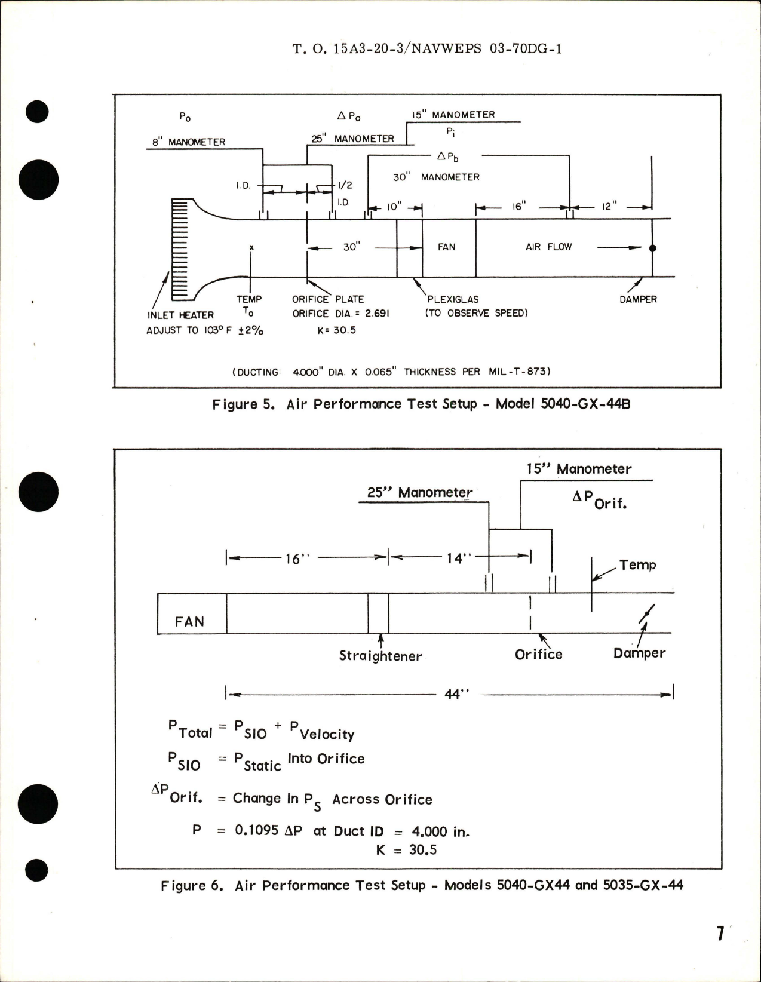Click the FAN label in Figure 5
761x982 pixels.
click(x=446, y=247)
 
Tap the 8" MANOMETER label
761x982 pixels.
click(x=188, y=142)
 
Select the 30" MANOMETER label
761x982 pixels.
click(x=436, y=177)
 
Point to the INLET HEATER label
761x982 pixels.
click(x=180, y=315)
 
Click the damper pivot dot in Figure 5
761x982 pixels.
click(x=652, y=248)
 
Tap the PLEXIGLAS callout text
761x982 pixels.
click(x=453, y=299)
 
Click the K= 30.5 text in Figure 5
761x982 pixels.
click(x=336, y=330)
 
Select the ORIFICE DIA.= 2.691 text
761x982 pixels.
click(x=340, y=314)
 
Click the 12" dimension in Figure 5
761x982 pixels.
click(x=609, y=207)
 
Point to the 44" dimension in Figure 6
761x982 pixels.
click(x=457, y=694)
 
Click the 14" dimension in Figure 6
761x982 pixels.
click(x=459, y=558)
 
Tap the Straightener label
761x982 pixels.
click(x=380, y=656)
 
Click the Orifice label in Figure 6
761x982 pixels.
click(x=538, y=655)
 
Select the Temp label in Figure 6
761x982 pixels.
click(x=637, y=565)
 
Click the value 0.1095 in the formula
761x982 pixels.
click(x=257, y=830)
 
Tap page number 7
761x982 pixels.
click(x=720, y=933)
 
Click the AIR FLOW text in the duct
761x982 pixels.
click(x=548, y=247)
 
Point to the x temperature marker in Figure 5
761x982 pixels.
click(x=251, y=247)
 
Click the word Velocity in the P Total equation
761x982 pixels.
click(x=327, y=734)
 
